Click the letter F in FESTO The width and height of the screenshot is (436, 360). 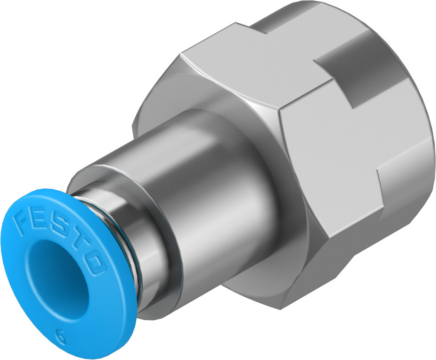[x=23, y=220]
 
